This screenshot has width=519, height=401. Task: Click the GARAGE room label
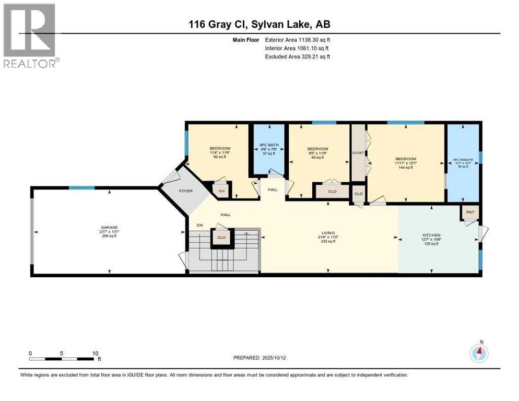(x=109, y=227)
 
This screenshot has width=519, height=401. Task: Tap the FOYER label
(x=186, y=191)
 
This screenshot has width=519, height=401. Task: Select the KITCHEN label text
(x=431, y=235)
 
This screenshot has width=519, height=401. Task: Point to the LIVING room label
(x=328, y=233)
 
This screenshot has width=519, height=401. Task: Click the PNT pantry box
(x=469, y=213)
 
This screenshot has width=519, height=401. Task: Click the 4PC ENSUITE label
(x=464, y=161)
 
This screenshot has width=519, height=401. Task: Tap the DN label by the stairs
(x=199, y=225)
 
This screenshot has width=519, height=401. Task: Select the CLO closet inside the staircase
(x=220, y=238)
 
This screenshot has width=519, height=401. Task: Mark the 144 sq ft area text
(x=406, y=167)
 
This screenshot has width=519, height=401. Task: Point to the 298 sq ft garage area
(x=109, y=236)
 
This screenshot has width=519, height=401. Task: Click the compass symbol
(x=479, y=353)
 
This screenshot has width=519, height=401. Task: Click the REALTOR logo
(x=30, y=36)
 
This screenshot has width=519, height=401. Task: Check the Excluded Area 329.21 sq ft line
(x=298, y=56)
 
